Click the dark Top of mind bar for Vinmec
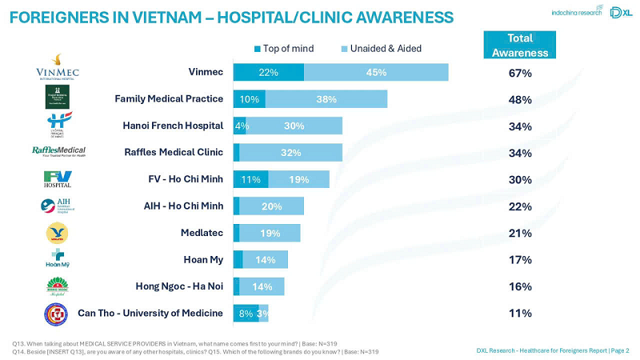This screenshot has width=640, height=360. coord(268,72)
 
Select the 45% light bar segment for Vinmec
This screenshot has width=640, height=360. coord(376,72)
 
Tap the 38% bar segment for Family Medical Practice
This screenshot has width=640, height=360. coord(326,99)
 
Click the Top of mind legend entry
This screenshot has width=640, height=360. coord(284,48)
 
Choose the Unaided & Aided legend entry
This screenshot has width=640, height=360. coord(382,48)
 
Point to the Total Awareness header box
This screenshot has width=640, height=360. coord(520,46)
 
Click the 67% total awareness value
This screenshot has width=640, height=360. coord(520,74)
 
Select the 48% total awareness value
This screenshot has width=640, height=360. coord(520,100)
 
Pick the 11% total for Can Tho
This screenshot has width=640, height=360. coord(520,313)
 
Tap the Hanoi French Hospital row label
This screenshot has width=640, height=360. coord(172,126)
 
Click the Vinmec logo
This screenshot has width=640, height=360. coord(58,68)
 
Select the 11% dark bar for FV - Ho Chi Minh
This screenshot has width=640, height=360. coord(250,180)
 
